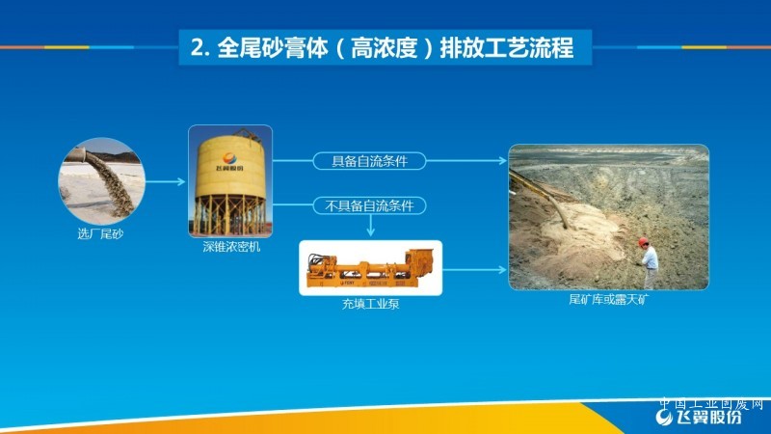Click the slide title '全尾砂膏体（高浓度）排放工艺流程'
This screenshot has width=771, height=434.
coord(382,47)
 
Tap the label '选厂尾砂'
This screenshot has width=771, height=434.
coord(100,233)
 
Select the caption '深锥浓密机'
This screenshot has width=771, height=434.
coord(231,247)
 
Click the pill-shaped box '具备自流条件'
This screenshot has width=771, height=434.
coord(369,161)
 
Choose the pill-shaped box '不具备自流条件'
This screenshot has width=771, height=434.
coord(369,205)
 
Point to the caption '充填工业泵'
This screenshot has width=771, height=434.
coord(370,304)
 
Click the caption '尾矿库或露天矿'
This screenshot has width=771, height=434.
coord(609,299)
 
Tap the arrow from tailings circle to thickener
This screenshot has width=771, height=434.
coord(165,182)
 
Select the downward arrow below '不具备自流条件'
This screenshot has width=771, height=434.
coord(371,226)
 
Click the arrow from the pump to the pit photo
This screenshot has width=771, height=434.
coord(474,270)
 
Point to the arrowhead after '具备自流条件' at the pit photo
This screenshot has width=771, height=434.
coord(502,160)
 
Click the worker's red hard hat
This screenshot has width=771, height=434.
coord(643,241)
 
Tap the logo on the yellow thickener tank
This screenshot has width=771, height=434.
coord(229,161)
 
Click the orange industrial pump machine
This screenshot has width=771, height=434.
coord(370,268)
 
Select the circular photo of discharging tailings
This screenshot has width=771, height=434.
coord(102,181)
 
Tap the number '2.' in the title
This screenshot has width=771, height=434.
coord(200,48)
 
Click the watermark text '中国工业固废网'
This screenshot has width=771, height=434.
coord(711,403)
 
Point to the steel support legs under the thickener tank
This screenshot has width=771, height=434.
coord(230,215)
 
